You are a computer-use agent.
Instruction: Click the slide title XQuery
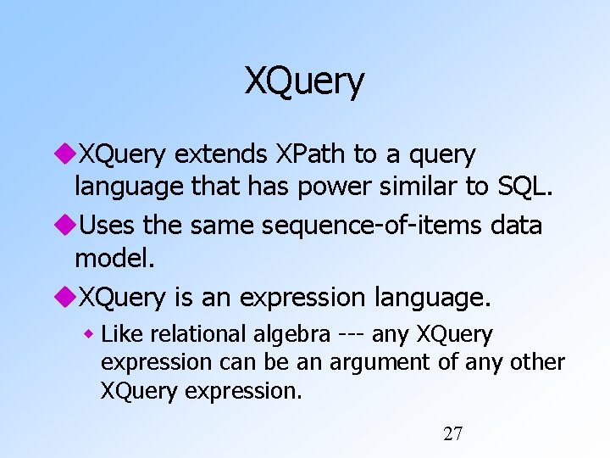tap(305, 81)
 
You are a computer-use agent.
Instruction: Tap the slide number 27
tap(453, 434)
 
